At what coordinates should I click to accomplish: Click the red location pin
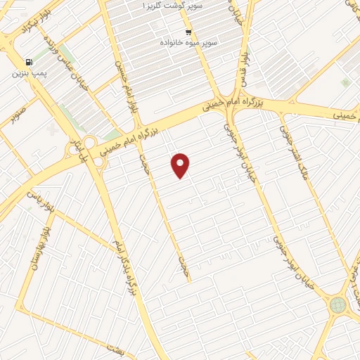(x=181, y=165)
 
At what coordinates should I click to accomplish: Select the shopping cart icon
(x=188, y=32)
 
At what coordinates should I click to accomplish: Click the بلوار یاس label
(x=39, y=197)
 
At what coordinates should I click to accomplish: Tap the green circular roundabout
(x=338, y=304)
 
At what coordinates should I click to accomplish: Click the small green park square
(x=345, y=82)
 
